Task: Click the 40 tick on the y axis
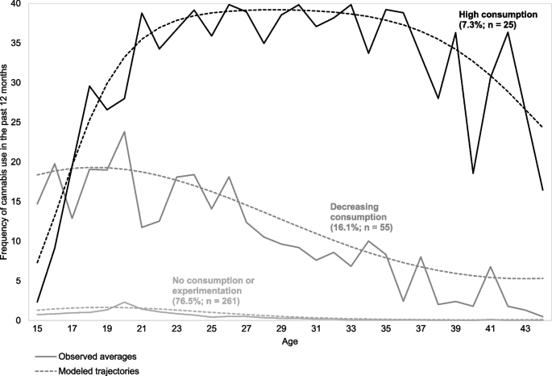click(16, 5)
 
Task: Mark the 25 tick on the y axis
click(16, 123)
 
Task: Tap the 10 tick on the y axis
click(16, 242)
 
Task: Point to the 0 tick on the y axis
click(19, 321)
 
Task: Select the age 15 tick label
click(37, 330)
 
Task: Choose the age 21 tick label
click(142, 330)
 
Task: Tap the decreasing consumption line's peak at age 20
click(124, 132)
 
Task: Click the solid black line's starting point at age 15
click(37, 303)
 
